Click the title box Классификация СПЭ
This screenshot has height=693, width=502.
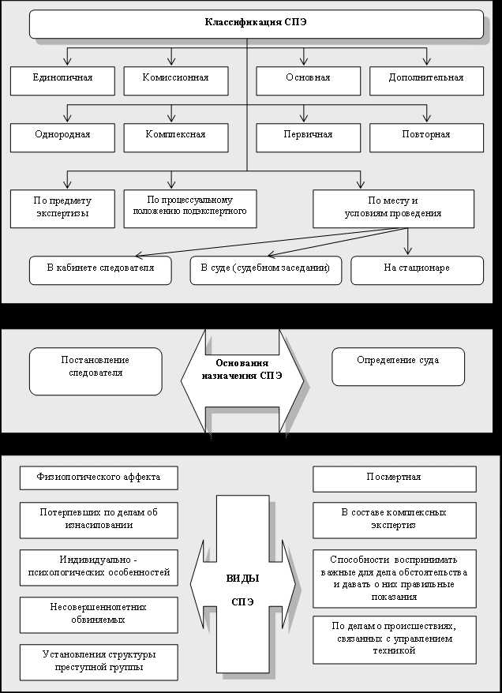256,24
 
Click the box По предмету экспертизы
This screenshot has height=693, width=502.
62,208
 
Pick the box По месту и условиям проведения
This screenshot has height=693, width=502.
393,208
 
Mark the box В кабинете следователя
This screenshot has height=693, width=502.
100,269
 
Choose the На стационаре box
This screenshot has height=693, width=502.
417,269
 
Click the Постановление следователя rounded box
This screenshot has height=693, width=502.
96,370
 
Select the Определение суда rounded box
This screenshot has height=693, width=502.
398,365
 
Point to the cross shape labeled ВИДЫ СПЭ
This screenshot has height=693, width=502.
242,588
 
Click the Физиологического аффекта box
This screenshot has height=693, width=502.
99,478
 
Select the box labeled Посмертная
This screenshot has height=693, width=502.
394,478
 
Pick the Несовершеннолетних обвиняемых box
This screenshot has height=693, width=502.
99,614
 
